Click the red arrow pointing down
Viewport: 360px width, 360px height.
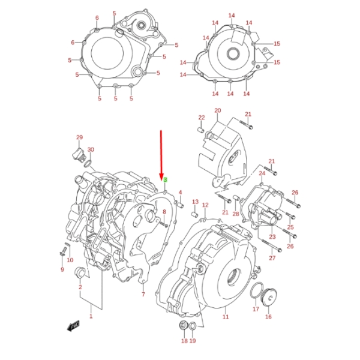point(161,153)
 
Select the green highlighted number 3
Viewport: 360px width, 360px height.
point(165,180)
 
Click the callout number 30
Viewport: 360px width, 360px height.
point(91,149)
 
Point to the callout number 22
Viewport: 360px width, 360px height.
point(202,117)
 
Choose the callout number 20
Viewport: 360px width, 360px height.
point(217,111)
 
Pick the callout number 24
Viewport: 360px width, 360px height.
point(262,173)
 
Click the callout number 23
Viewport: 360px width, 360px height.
point(272,238)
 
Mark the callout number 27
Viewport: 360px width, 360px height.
point(272,258)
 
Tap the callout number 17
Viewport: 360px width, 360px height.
point(256,310)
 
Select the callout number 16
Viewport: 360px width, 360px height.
point(268,317)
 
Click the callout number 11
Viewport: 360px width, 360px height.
point(226,316)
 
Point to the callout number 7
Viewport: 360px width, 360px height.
point(143,295)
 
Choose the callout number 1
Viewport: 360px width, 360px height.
point(91,316)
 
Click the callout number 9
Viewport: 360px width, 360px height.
point(61,269)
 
